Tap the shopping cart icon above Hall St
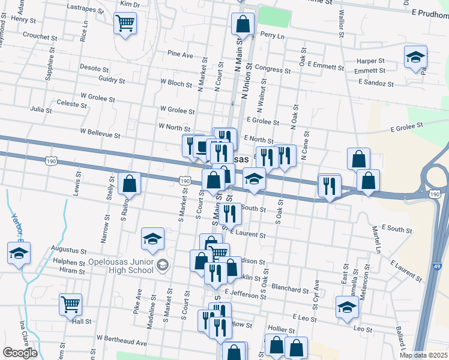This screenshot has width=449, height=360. pos(71,304)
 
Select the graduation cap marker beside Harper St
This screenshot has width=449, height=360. pos(415,58)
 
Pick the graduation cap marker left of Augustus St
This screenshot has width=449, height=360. pos(19,254)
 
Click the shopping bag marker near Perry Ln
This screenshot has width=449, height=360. pos(243,25)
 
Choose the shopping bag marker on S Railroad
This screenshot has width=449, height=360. pos(129,183)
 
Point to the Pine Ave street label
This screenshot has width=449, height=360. pos(181,55)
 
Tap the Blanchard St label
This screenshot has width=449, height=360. pos(290,289)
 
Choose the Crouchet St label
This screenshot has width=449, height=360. pos(40,36)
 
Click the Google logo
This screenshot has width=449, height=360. pos(20,352)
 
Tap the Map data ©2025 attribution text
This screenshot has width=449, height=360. pos(424,355)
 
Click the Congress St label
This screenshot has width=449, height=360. pos(273,70)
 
